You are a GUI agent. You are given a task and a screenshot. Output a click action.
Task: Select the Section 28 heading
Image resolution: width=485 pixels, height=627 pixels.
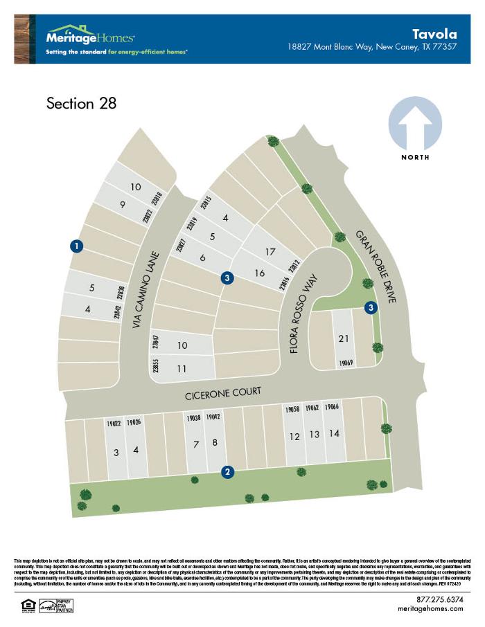tap(81, 104)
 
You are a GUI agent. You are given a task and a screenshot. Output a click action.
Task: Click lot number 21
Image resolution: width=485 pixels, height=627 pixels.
tap(343, 338)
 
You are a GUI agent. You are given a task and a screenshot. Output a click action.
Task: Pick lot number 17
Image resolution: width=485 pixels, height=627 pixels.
tap(271, 251)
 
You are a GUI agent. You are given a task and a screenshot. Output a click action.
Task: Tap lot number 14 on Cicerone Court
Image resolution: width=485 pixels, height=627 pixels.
tap(335, 434)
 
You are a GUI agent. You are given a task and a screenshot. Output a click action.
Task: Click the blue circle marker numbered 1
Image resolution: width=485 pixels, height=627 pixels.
tap(77, 245)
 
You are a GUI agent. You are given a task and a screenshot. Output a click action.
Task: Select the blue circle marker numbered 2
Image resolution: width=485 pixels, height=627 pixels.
tap(227, 472)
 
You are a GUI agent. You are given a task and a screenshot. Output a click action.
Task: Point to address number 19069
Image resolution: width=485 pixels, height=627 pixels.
tap(346, 363)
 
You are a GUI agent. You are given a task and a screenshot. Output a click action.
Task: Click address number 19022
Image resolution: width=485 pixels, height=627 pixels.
tap(114, 423)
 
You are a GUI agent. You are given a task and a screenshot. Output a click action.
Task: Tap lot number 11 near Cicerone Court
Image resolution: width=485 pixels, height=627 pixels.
tap(182, 369)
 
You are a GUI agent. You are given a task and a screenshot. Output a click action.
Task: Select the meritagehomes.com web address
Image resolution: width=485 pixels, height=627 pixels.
tap(431, 608)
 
